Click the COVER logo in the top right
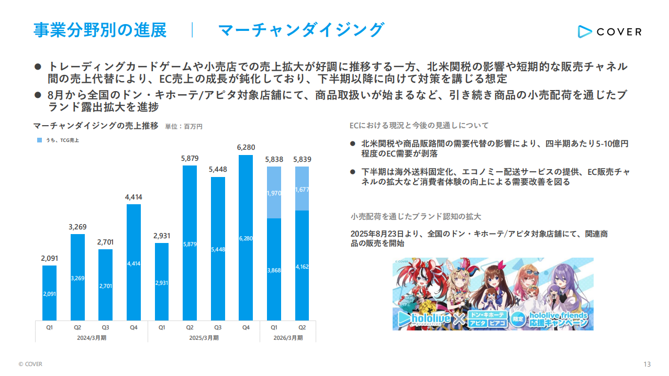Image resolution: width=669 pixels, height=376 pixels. click(x=609, y=31)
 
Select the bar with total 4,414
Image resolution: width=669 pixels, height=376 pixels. click(x=133, y=262)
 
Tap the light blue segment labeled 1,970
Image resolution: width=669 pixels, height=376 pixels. click(x=274, y=193)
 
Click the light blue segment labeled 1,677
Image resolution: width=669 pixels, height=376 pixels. click(x=302, y=189)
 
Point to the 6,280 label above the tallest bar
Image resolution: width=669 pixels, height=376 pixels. click(x=246, y=147)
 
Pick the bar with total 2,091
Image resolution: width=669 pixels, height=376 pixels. click(x=49, y=293)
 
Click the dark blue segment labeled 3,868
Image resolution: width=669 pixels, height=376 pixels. click(x=274, y=270)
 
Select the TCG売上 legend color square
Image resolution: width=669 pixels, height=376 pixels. click(x=40, y=140)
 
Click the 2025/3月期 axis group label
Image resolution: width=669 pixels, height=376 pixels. click(x=204, y=338)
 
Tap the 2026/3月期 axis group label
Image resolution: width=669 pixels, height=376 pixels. click(x=288, y=338)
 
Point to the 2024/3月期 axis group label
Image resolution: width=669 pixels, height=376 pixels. click(x=92, y=338)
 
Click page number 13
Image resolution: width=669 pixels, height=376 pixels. click(x=647, y=364)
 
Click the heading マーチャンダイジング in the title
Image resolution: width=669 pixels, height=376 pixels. click(x=301, y=30)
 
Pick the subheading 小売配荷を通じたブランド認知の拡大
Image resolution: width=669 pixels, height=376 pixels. click(x=416, y=216)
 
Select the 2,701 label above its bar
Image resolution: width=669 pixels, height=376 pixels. click(x=105, y=242)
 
